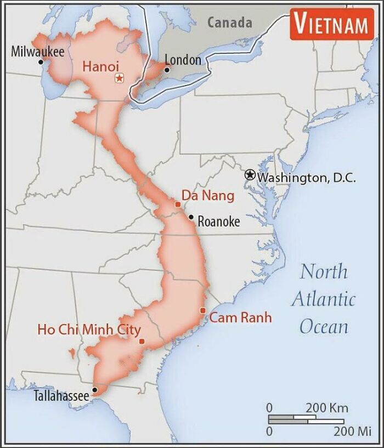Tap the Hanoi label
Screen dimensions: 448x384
(x=100, y=66)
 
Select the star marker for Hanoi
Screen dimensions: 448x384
(x=119, y=78)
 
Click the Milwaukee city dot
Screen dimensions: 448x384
(x=41, y=62)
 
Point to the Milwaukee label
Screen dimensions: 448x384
(x=38, y=52)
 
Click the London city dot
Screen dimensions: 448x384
(x=167, y=70)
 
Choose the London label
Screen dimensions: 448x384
(x=183, y=59)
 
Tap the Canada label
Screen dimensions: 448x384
(x=230, y=22)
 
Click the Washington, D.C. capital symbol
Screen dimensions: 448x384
(x=250, y=175)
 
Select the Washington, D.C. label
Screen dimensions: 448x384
(x=307, y=178)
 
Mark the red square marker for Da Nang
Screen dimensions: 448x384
(x=177, y=204)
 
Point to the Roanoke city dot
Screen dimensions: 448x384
(x=191, y=217)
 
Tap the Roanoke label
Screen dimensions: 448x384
(x=218, y=222)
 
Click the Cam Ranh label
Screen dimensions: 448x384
(x=241, y=317)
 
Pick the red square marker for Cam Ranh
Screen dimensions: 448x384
(x=203, y=311)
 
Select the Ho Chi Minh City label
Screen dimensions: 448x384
(x=89, y=330)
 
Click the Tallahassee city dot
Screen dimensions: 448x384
(x=94, y=390)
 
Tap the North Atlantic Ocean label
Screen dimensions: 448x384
(x=324, y=298)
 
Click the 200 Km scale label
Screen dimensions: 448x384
(x=326, y=408)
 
